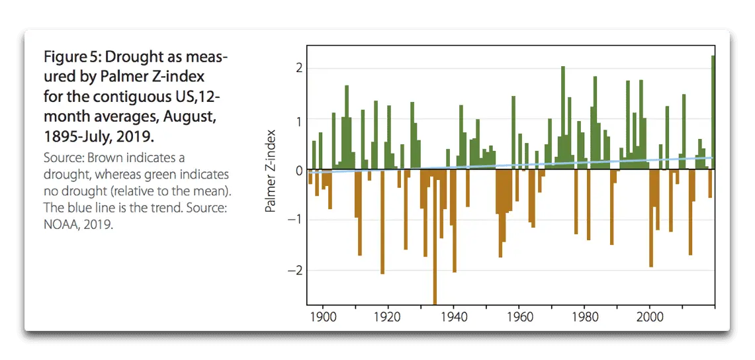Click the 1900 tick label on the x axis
[x=322, y=318]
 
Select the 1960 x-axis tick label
[x=519, y=318]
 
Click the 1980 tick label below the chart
[x=584, y=318]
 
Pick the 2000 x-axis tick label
[x=649, y=318]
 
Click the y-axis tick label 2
[x=300, y=68]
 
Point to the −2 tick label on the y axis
[x=296, y=271]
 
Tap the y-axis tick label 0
[x=300, y=170]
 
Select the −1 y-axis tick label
[x=296, y=220]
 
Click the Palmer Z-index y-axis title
[x=270, y=170]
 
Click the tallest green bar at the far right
[x=713, y=112]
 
